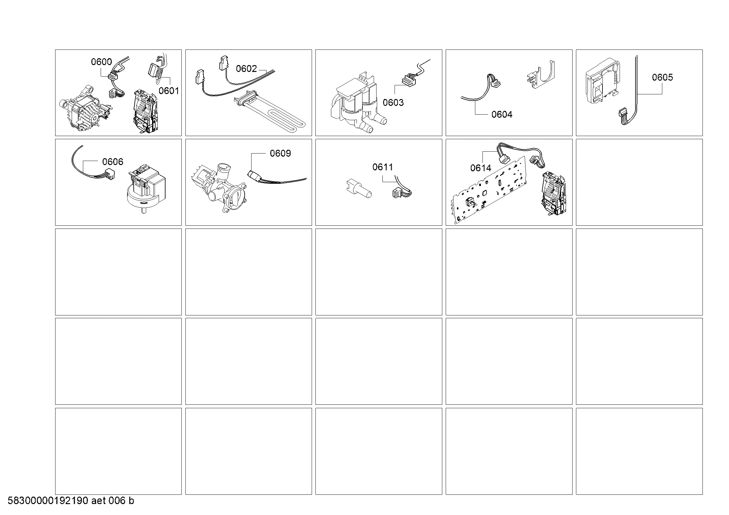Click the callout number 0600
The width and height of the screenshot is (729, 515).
pos(101,62)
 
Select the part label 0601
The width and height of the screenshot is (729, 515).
pos(169,91)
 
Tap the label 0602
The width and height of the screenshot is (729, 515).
pos(246,69)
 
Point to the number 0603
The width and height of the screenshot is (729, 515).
pos(393,102)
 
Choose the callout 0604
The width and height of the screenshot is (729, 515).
pos(502,115)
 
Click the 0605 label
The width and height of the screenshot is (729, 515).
pos(662,78)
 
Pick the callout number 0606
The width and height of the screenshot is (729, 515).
pos(113,162)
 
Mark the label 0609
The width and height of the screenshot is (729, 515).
pos(281,154)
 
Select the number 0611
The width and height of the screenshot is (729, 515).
pos(383,167)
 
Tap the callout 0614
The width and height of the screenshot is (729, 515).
pos(480,168)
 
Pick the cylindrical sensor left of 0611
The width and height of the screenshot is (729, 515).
pos(358,190)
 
